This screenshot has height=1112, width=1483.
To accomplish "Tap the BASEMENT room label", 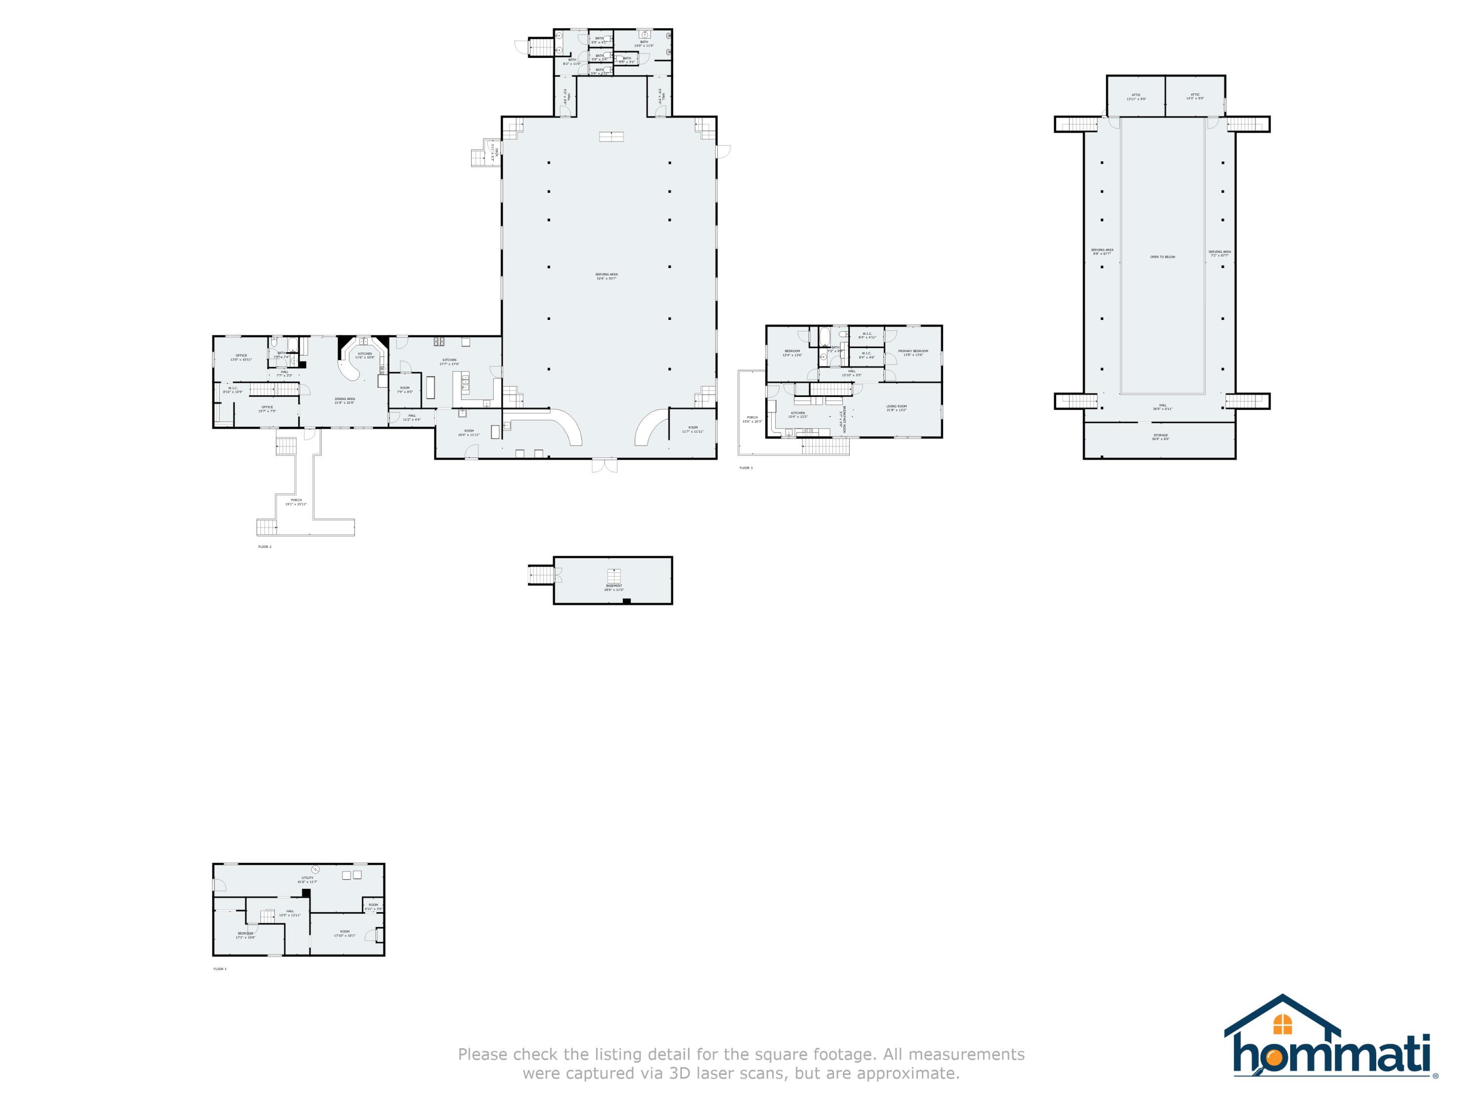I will [613, 585].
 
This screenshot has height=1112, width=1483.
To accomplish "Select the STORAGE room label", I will [1161, 435].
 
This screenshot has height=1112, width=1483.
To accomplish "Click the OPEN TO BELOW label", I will [1163, 257].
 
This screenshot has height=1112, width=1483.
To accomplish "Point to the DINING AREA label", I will [345, 399].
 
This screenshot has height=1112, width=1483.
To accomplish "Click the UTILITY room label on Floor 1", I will [308, 878].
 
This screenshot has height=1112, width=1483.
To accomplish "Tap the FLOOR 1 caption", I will [220, 969].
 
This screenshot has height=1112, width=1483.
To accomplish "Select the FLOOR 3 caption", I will [745, 468].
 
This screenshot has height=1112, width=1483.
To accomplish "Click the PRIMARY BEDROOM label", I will [913, 351].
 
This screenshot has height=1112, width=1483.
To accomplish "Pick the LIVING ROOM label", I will [896, 406].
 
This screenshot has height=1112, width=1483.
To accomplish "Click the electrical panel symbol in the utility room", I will [315, 870].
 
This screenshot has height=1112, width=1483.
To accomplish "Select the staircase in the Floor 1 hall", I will [268, 916].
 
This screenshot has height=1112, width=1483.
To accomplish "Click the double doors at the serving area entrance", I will [604, 465].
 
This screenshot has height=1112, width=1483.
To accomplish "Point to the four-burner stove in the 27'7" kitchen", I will [439, 342].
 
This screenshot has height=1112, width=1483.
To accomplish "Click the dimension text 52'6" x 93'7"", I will [606, 278].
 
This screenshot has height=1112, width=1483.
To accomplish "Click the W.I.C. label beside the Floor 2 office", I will [233, 388].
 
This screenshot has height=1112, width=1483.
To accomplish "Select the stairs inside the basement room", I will [614, 576].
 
